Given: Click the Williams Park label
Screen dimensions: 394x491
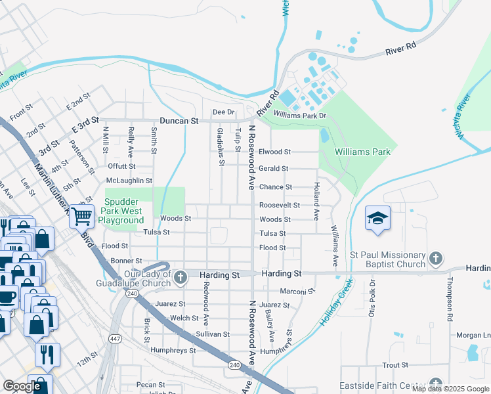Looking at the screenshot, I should pos(362,152).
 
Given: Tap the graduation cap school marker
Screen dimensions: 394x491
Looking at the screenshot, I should pos(377,218).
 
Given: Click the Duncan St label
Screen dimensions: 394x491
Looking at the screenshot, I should pos(179,121).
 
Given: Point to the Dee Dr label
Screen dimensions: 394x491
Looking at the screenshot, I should pos(223,112).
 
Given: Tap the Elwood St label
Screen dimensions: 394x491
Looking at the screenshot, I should pos(274,152).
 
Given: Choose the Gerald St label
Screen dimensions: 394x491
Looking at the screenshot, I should pos(273,169).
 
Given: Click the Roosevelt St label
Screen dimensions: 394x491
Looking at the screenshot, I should pos(279,206).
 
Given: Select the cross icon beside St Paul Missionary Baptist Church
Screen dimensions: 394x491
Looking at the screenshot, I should pos(435,259).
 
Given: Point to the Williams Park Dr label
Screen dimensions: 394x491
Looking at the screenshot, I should pos(300,115).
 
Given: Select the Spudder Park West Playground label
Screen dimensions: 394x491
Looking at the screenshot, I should pos(123,211).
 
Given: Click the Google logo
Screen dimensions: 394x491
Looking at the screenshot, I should pos(22,386).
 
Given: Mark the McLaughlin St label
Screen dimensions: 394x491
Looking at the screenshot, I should pos(129,181).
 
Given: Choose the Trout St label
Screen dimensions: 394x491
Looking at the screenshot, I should pos(396,364).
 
